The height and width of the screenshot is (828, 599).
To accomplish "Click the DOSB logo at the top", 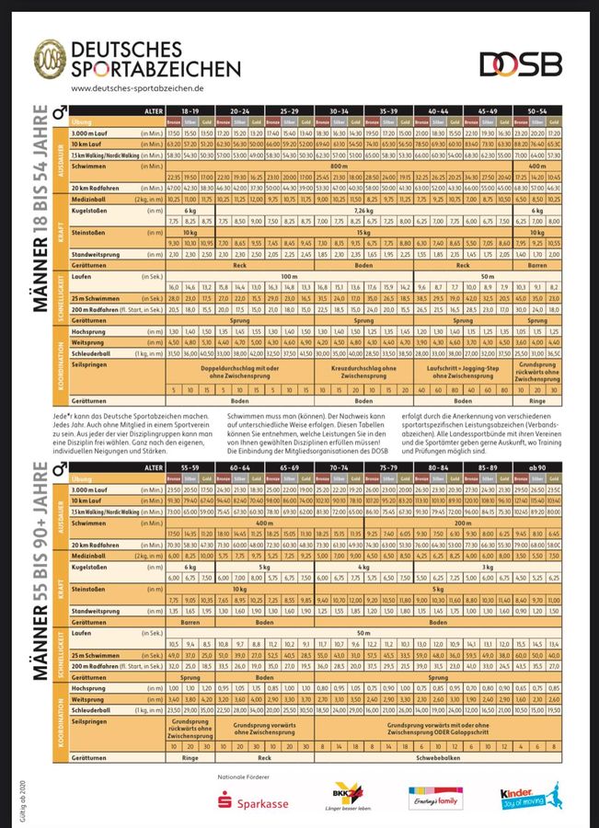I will coord(521,63).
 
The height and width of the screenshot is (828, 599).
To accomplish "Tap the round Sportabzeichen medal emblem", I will coord(50,58).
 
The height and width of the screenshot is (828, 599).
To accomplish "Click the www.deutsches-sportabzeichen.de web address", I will coord(136,88).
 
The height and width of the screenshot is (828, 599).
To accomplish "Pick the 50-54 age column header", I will coord(543,109).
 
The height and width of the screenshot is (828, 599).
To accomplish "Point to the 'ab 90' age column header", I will coord(543,467).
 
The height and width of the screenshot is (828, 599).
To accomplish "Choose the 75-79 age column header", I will coord(387,467).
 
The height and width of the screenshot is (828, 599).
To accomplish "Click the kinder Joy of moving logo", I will coord(527,796).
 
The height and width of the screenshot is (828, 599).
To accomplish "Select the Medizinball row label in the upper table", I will coord(95,198).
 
